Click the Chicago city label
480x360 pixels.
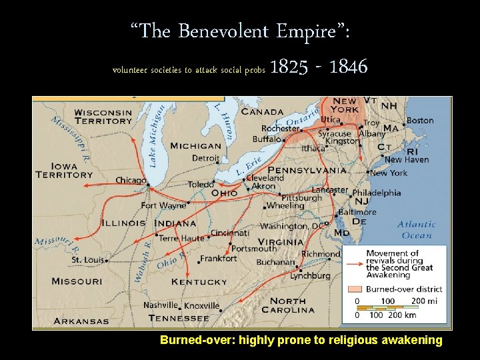pyautogui.click(x=130, y=180)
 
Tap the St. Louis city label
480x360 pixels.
pyautogui.click(x=87, y=259)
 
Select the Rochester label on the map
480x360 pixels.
pyautogui.click(x=280, y=129)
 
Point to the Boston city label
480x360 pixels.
pyautogui.click(x=420, y=121)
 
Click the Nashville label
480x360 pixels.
pyautogui.click(x=161, y=305)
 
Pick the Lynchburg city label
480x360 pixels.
pyautogui.click(x=310, y=275)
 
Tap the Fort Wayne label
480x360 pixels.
pyautogui.click(x=163, y=206)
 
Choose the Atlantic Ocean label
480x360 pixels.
pyautogui.click(x=417, y=229)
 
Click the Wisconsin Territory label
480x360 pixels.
pyautogui.click(x=103, y=117)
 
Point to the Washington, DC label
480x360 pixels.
pyautogui.click(x=293, y=226)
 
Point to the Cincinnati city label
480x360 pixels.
pyautogui.click(x=230, y=233)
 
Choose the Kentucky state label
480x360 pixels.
pyautogui.click(x=199, y=282)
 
